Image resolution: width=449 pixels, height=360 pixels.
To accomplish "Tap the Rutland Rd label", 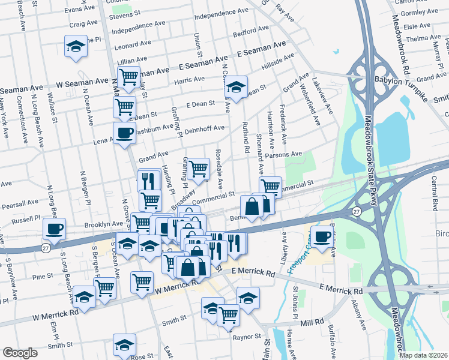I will click(x=246, y=134).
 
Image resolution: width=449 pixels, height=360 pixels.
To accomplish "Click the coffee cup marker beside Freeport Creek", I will click(x=322, y=235).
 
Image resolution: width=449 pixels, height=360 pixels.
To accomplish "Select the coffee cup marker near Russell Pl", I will click(x=55, y=228).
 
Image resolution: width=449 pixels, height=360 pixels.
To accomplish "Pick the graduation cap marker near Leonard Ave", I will click(x=76, y=45).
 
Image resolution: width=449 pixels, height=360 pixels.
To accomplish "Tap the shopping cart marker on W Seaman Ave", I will click(x=128, y=77).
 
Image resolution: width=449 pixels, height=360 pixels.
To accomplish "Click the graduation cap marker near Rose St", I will click(x=124, y=344).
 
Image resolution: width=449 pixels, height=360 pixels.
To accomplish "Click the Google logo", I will click(x=20, y=353).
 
